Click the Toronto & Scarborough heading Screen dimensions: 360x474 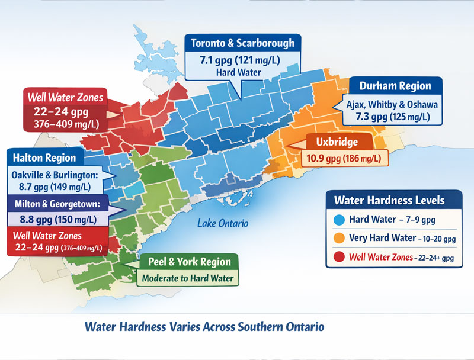point(243,43)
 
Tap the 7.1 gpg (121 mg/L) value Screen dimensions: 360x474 point(243,60)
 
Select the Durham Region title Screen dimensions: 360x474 point(395,86)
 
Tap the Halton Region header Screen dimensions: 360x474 point(44,157)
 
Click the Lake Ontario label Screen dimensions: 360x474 point(223,223)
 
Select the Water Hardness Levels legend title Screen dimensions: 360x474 point(389,200)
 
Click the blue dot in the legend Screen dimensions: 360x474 point(340,219)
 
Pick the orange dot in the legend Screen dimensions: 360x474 point(340,238)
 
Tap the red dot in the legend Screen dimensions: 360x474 point(340,257)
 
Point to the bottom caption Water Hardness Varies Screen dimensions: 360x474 point(204,327)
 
